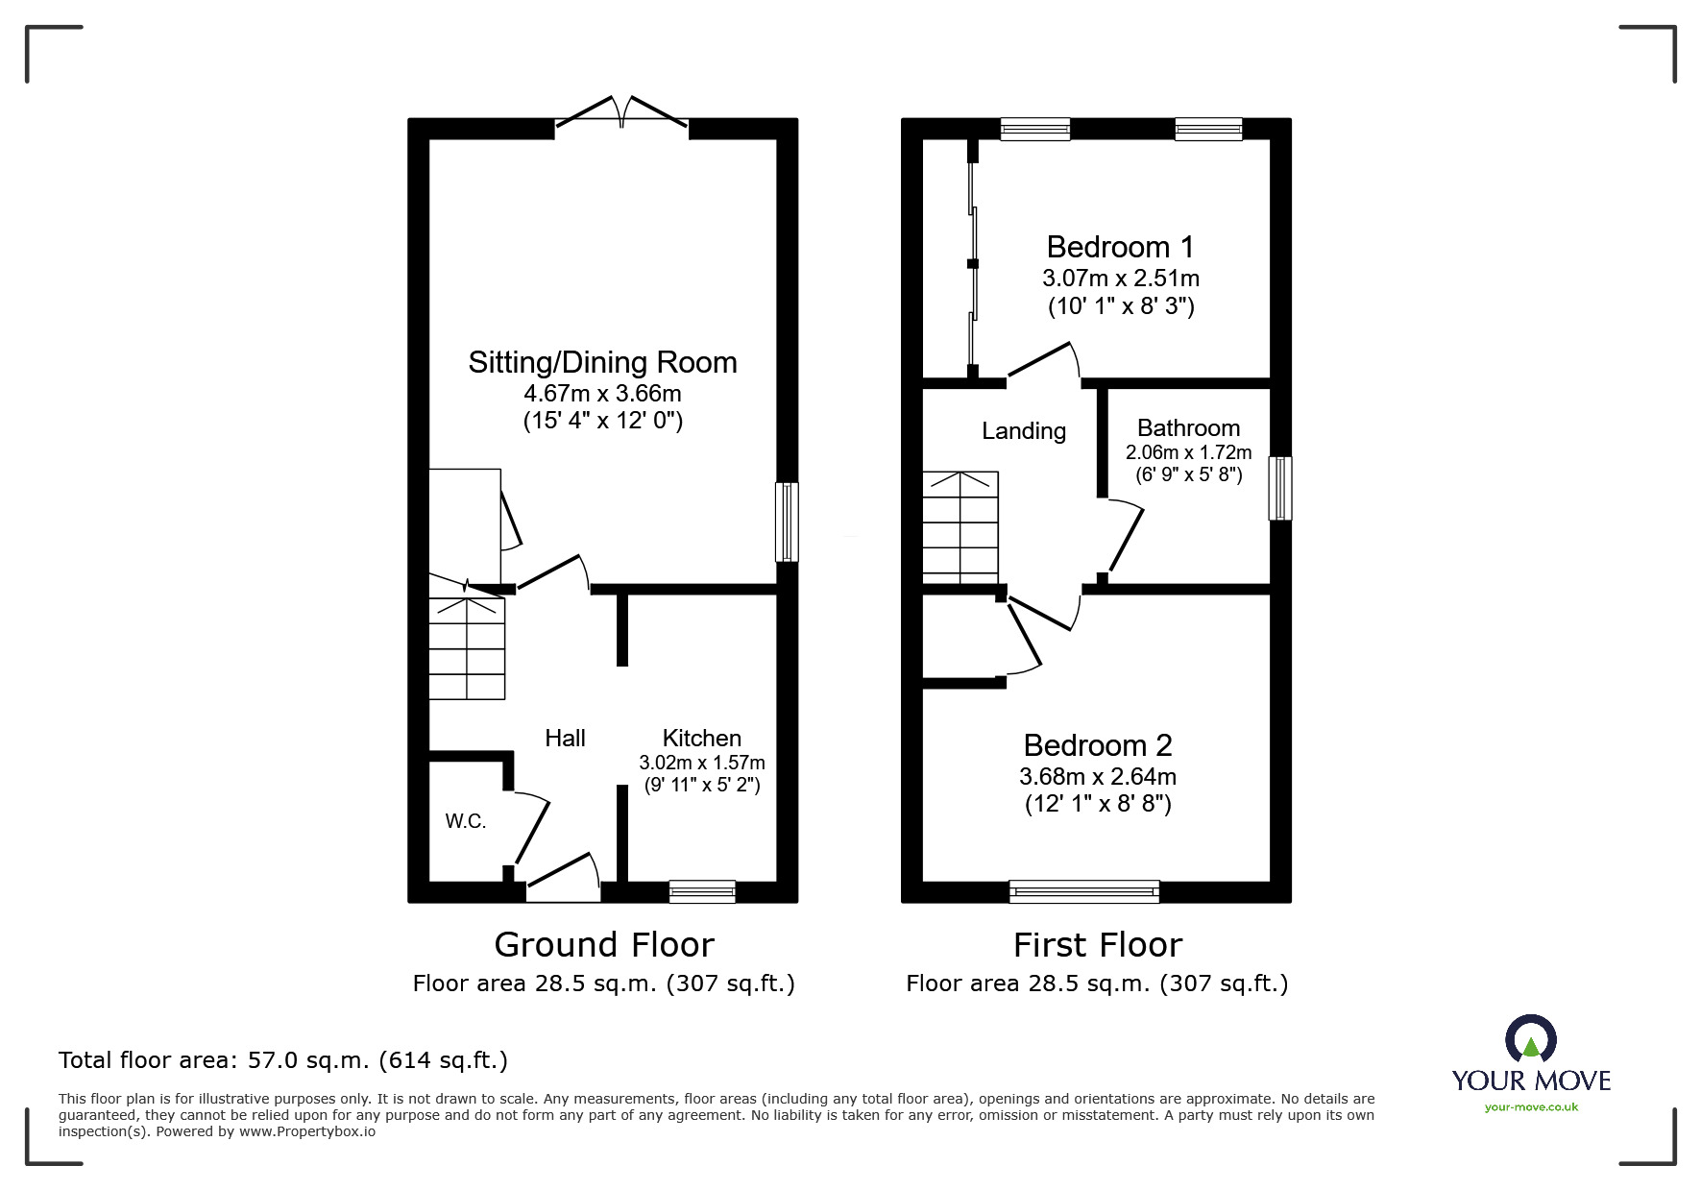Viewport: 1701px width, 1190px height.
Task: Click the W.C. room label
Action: (466, 821)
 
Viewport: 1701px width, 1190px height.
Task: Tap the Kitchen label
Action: (701, 738)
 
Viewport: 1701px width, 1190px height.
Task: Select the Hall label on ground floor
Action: (565, 738)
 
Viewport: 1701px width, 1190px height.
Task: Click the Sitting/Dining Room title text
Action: (602, 362)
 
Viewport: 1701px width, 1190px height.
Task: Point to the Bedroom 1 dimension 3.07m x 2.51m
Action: (1120, 279)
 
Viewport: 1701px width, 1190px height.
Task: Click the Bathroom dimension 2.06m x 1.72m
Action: (1188, 451)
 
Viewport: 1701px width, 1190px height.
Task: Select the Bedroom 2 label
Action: (1097, 745)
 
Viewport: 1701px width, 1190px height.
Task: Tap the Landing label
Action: (1023, 431)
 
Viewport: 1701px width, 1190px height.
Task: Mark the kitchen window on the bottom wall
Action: (702, 892)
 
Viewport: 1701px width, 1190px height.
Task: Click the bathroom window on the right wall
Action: (1279, 488)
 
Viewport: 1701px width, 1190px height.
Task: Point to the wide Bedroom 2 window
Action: (1083, 892)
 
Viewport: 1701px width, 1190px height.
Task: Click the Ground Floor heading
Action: (603, 945)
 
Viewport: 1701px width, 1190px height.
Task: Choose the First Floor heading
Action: (1097, 945)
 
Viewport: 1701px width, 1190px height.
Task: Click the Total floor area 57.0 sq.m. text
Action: (283, 1060)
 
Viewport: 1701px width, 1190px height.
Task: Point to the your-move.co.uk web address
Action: (1531, 1107)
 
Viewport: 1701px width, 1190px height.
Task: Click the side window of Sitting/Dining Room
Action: (786, 522)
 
